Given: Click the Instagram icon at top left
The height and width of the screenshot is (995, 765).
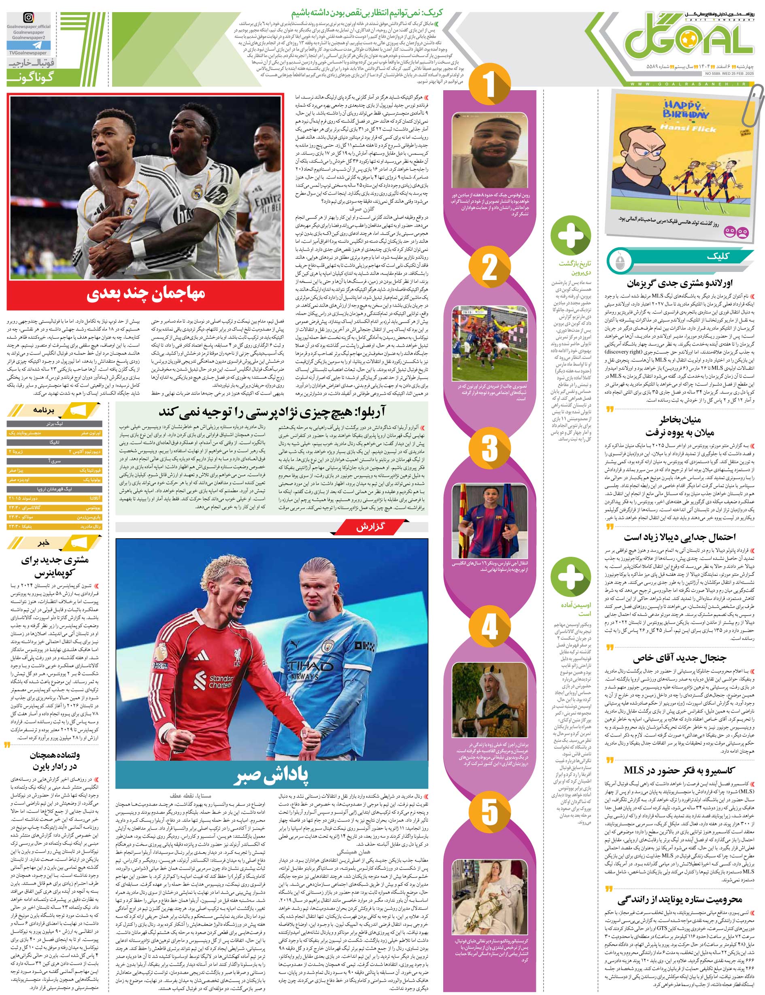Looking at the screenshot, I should click(28, 18).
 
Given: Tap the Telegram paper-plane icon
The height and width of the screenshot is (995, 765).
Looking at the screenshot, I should click(28, 45).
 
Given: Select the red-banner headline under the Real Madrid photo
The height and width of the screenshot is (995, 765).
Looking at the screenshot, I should click(146, 294).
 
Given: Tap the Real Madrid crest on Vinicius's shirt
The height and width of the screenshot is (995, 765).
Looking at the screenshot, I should click(197, 191).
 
